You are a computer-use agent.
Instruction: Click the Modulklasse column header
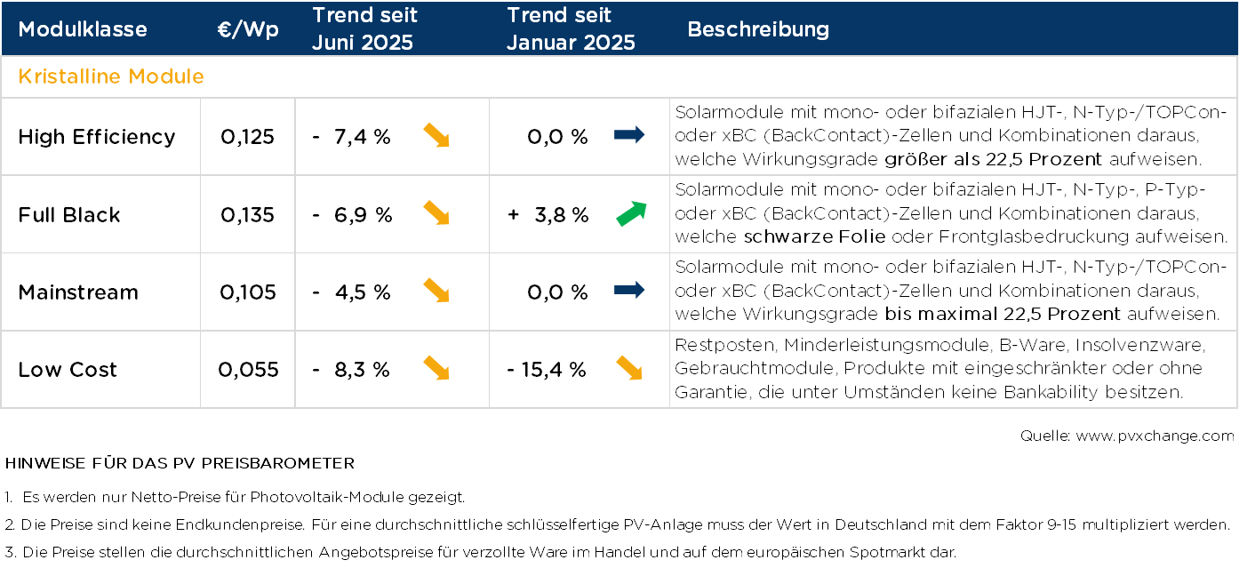pos(83,29)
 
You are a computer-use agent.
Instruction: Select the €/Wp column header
pos(248,29)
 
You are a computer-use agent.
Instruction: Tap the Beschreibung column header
pos(758,29)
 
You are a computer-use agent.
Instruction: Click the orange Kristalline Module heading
pos(111,76)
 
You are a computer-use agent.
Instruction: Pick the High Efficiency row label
pos(97,137)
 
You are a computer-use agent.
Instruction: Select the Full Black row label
pos(69,215)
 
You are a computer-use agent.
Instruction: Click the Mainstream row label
pos(78,292)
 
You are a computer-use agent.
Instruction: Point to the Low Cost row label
pos(68,370)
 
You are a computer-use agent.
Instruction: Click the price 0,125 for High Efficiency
pos(248,137)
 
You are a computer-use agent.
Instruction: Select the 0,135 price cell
pos(248,215)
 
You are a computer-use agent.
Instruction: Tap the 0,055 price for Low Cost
pos(248,370)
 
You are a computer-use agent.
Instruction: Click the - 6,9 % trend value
pos(353,215)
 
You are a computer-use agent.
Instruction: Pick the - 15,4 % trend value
pos(547,370)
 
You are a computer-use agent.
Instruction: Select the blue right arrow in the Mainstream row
pos(629,291)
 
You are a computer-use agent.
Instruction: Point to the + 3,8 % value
pos(548,215)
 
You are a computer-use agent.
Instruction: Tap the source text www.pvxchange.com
pos(1155,436)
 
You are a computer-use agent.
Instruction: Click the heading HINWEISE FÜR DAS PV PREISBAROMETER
pos(180,464)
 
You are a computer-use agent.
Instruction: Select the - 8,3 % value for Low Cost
pos(352,370)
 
